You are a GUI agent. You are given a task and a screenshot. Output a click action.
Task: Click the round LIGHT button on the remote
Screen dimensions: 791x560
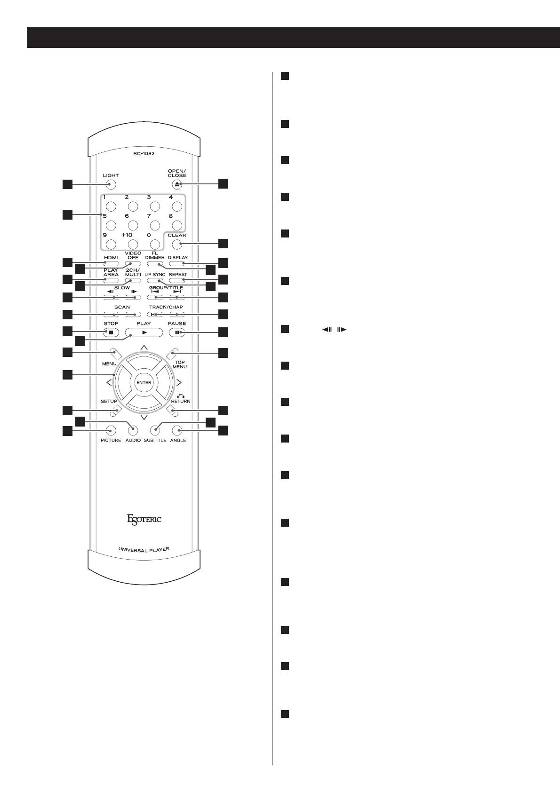[111, 185]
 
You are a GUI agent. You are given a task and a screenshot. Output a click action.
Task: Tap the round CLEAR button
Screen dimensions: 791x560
[177, 244]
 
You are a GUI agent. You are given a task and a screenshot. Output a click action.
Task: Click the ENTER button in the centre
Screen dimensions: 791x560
[144, 382]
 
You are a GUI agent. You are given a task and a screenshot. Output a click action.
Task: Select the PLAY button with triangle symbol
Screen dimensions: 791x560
[144, 332]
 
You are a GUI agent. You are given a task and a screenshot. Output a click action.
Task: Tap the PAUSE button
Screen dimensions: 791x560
[177, 332]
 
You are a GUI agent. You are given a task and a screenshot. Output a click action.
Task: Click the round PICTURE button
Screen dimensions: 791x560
[111, 430]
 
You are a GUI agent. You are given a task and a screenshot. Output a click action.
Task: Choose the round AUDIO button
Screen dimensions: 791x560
[133, 430]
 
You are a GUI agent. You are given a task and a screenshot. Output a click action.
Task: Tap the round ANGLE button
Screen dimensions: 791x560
[177, 430]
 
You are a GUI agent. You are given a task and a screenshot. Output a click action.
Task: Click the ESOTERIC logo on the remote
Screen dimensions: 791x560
[144, 520]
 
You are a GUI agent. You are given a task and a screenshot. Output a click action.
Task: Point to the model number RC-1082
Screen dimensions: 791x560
[144, 153]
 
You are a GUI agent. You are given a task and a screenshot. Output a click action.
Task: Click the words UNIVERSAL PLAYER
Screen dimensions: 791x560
[144, 549]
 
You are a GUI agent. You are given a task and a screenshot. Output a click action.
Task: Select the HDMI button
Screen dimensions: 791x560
[111, 263]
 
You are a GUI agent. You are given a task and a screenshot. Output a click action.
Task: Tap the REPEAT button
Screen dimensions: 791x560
[177, 281]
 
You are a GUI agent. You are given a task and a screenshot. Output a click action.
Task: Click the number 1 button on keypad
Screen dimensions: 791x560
[111, 206]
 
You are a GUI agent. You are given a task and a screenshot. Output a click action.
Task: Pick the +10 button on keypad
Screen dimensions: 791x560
[133, 244]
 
